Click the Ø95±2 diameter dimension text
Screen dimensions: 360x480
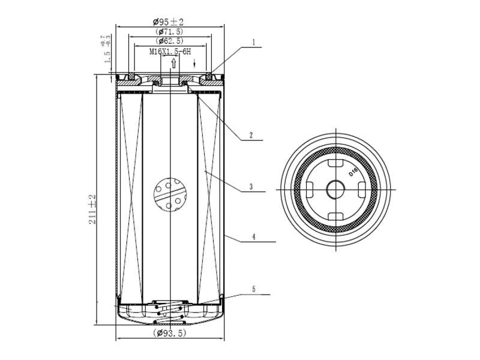pyautogui.click(x=170, y=22)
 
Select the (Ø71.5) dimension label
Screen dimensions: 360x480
pyautogui.click(x=170, y=31)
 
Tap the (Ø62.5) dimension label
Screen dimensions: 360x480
pyautogui.click(x=170, y=41)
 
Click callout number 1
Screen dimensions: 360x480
pyautogui.click(x=254, y=43)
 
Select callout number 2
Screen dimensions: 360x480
pyautogui.click(x=251, y=135)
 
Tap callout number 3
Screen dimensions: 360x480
pyautogui.click(x=251, y=187)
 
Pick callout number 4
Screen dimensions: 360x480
pyautogui.click(x=254, y=237)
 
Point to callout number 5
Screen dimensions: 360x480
pyautogui.click(x=254, y=289)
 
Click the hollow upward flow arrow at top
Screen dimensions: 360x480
pyautogui.click(x=173, y=62)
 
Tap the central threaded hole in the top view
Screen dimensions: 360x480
pyautogui.click(x=335, y=190)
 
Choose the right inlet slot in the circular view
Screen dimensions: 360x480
pyautogui.click(x=362, y=190)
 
